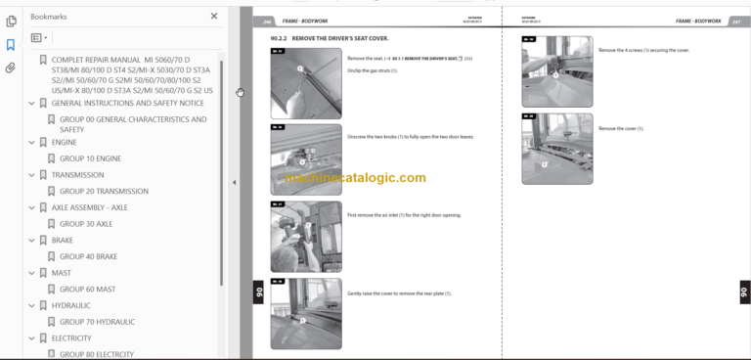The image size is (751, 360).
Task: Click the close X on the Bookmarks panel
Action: (214, 17)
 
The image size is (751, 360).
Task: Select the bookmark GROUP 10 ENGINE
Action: (90, 158)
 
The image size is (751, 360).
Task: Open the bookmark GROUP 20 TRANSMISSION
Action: (104, 192)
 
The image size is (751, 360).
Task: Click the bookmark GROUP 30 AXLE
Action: (86, 224)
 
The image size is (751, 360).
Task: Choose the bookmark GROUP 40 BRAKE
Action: (89, 256)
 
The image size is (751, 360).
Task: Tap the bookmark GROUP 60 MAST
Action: (87, 290)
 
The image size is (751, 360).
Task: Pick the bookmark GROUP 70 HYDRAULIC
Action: (97, 322)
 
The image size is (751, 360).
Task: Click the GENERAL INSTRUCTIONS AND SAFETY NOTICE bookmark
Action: (127, 103)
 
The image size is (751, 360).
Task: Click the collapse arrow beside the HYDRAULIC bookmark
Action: (32, 305)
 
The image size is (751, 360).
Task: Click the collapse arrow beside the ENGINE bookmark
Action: (32, 142)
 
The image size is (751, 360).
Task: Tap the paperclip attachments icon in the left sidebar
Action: (11, 68)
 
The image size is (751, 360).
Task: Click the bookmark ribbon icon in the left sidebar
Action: (11, 45)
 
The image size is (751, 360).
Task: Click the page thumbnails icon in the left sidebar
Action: (11, 21)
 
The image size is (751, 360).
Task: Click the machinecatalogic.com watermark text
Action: (356, 178)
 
